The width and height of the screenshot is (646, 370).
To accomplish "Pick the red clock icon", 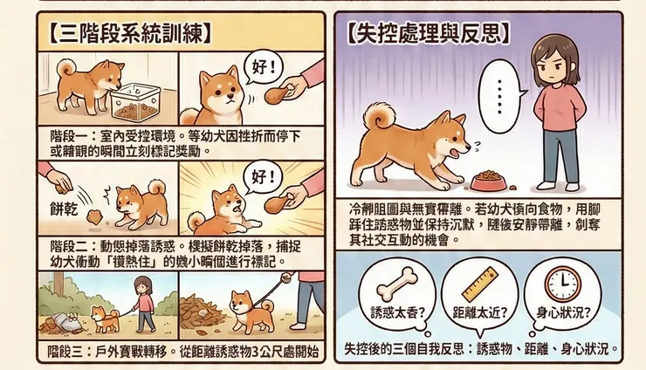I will point(563,286).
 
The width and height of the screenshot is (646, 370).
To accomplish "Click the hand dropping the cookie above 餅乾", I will point(58,181).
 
